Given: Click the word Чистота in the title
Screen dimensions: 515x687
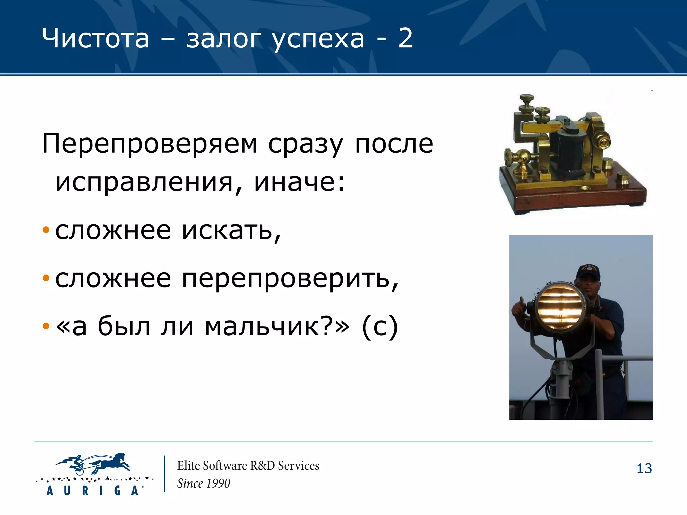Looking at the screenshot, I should click(95, 38).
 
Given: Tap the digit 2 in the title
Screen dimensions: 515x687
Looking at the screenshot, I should click(405, 38).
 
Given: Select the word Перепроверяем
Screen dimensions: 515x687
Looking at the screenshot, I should click(149, 144).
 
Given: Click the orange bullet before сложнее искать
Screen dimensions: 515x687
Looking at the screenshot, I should click(46, 230).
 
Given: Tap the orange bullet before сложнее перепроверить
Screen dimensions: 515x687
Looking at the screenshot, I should click(46, 278).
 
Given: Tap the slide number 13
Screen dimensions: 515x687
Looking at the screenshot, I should click(644, 469).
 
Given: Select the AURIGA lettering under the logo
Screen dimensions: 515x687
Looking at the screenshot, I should click(92, 491).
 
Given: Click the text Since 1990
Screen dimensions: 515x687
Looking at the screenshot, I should click(204, 483).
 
